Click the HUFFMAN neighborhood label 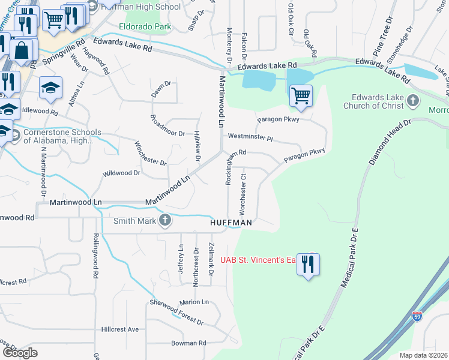tap(231, 223)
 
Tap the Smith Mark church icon tap(165, 221)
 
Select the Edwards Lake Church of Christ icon tap(413, 100)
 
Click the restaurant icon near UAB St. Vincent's tap(309, 265)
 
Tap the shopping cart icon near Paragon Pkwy tap(301, 95)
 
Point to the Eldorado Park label tap(145, 26)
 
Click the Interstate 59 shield tap(417, 316)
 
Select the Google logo tap(20, 352)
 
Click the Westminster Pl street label tap(250, 137)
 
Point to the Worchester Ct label tap(243, 194)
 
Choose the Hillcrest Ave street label tap(120, 329)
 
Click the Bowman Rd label tap(188, 343)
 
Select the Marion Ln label tap(193, 302)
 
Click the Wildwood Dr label tap(121, 173)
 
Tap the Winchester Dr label tap(150, 154)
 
